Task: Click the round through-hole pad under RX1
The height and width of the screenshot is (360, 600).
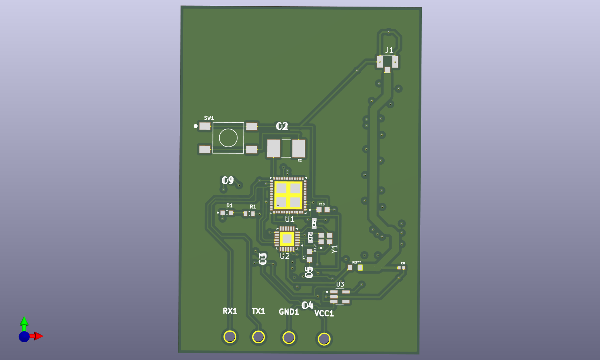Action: [x=230, y=336]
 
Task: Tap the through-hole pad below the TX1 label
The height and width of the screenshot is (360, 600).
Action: [x=258, y=337]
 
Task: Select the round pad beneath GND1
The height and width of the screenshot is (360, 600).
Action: [x=289, y=338]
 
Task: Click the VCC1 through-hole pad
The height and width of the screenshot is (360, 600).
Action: [x=324, y=339]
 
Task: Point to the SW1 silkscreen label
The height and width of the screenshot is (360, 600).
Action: [x=209, y=118]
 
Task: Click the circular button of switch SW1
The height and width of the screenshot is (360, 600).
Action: [x=228, y=138]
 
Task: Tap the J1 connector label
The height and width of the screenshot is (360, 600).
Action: [x=389, y=50]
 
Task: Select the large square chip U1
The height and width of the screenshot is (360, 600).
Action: [x=288, y=195]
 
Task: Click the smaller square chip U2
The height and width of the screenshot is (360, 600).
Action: [x=287, y=239]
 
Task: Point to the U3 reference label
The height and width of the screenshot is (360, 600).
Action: [x=340, y=284]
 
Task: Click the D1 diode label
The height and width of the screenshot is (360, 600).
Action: [x=229, y=205]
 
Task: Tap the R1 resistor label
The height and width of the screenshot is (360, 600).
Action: [x=253, y=207]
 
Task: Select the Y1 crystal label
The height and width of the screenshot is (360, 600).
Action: [x=335, y=249]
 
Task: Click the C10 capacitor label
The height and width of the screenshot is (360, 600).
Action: [x=321, y=204]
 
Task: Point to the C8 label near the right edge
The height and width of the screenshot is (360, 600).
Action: [x=403, y=263]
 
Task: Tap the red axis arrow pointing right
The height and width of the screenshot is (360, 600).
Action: [x=38, y=336]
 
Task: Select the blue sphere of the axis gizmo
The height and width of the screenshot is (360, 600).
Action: [x=24, y=336]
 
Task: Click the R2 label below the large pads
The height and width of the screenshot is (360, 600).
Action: [x=299, y=160]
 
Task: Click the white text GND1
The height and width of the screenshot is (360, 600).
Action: [x=289, y=312]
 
